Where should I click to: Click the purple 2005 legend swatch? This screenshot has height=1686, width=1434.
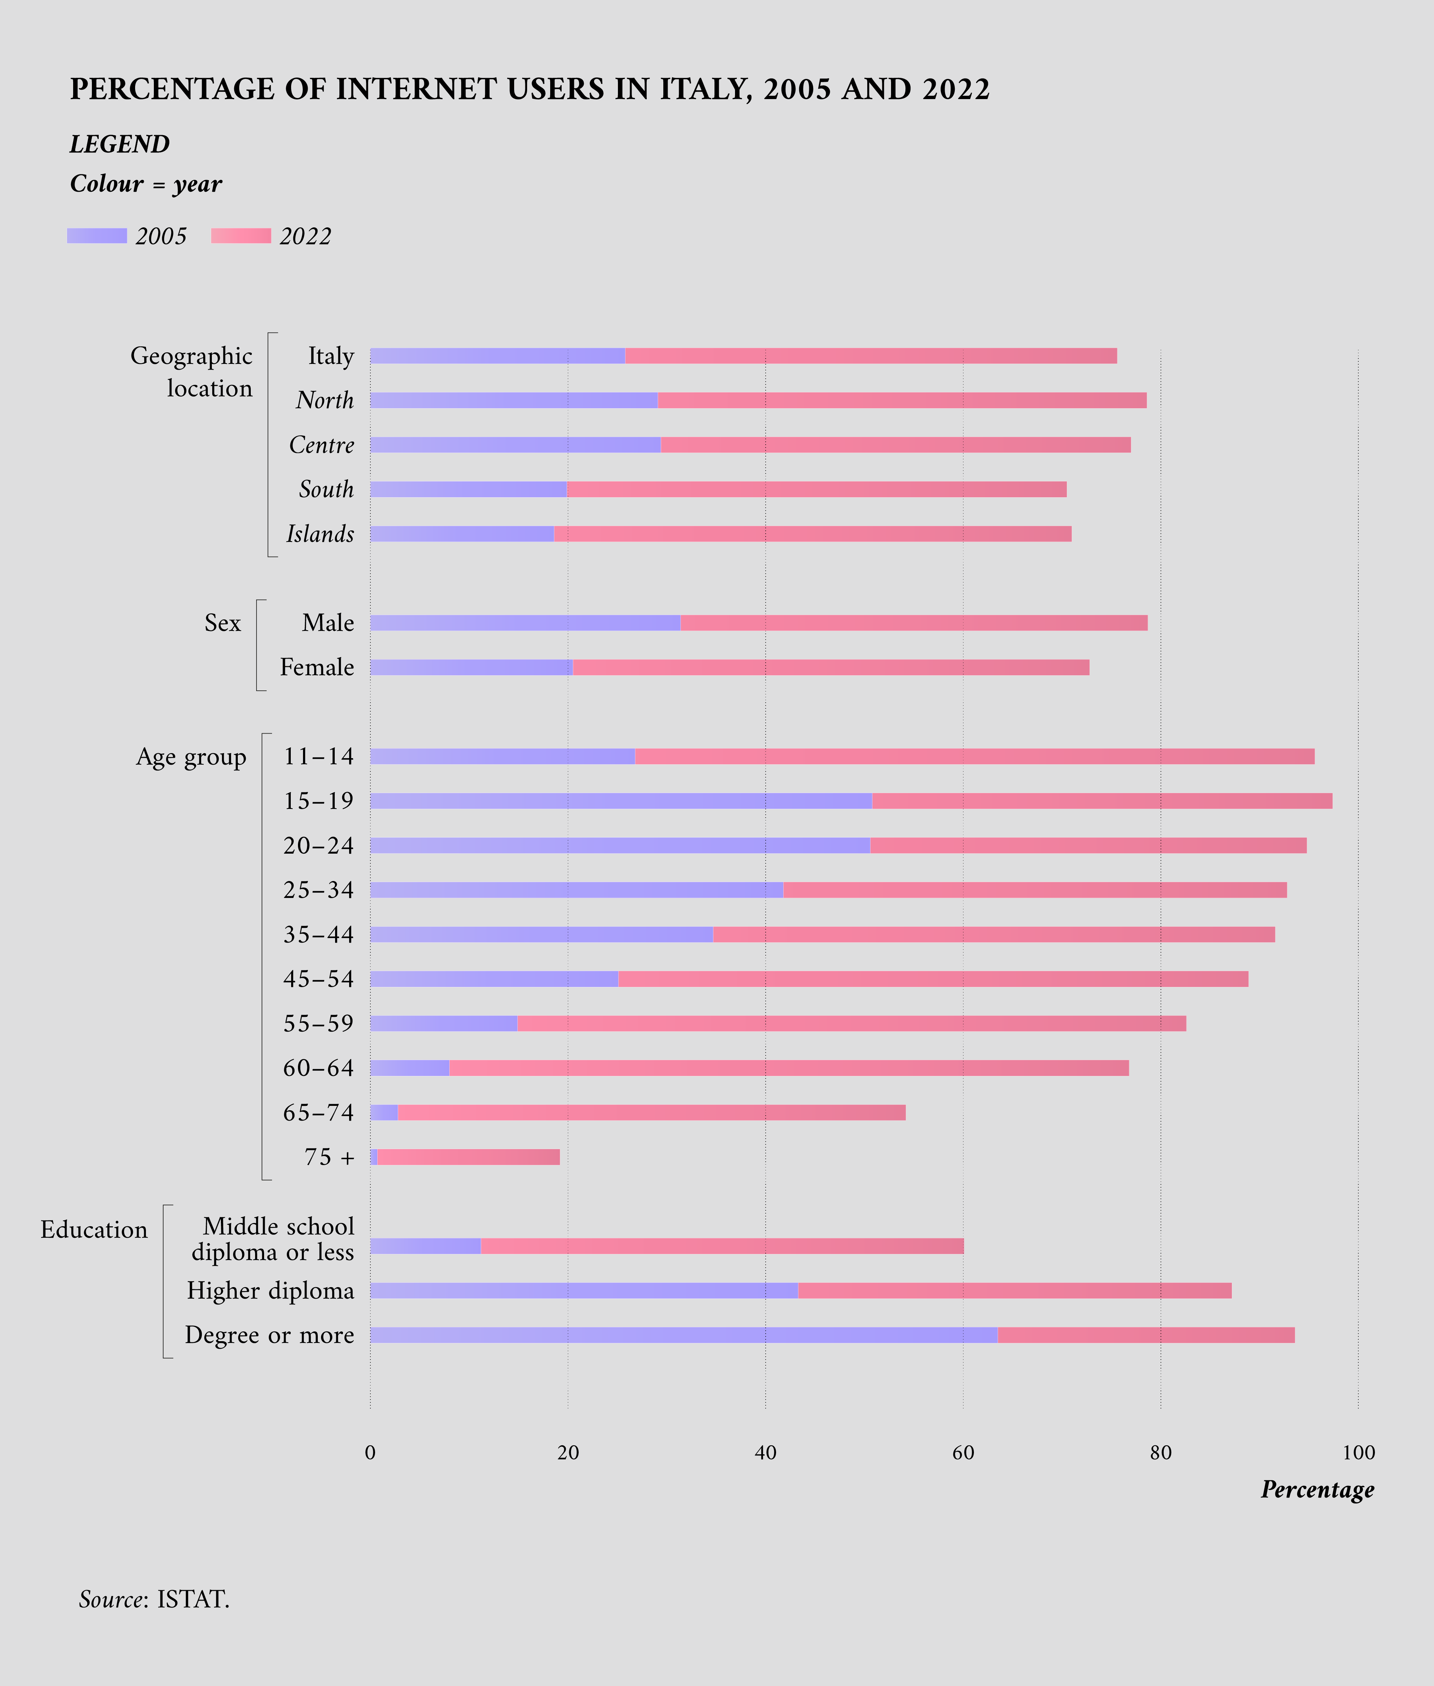click(97, 236)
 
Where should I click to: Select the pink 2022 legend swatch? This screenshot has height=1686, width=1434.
click(241, 236)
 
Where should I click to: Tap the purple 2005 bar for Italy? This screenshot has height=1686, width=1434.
click(498, 356)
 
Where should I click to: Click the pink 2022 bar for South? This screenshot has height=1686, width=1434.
click(816, 489)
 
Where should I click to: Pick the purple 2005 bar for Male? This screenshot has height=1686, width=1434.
click(525, 623)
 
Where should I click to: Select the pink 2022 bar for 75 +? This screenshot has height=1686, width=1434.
click(468, 1157)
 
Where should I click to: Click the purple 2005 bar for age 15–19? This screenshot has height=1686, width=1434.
click(621, 801)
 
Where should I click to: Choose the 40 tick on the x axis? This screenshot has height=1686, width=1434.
click(765, 1453)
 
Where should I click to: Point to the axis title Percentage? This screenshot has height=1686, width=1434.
click(1317, 1489)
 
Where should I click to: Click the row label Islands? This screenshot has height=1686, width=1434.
click(320, 534)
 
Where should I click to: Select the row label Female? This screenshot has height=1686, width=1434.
click(317, 667)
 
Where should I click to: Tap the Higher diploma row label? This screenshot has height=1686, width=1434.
click(271, 1291)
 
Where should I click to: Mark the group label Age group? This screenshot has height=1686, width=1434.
click(191, 757)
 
